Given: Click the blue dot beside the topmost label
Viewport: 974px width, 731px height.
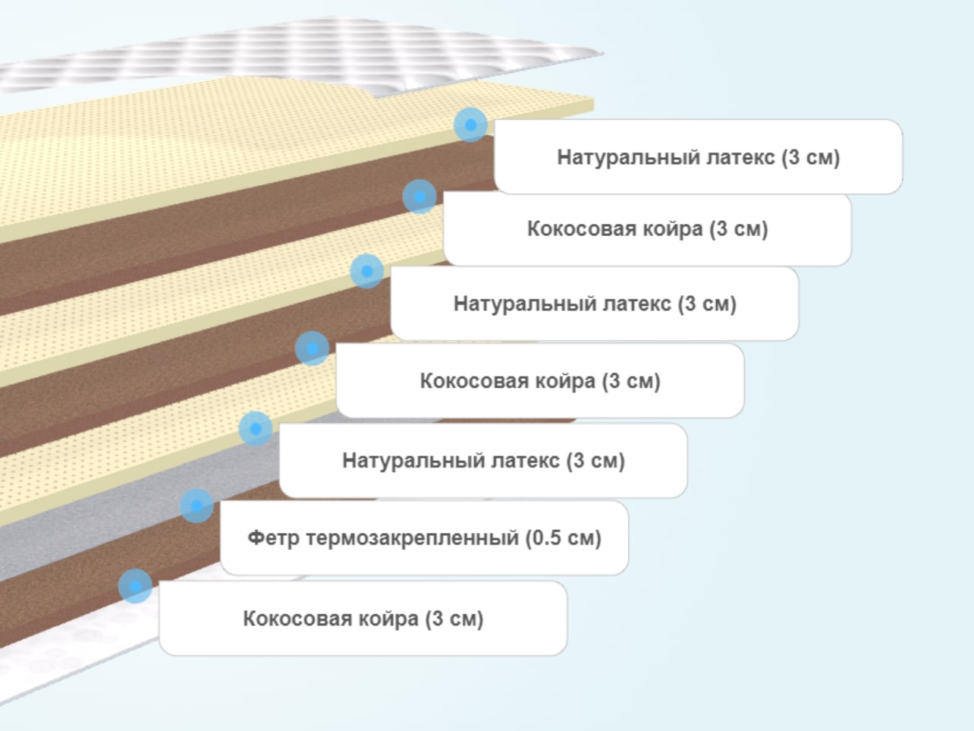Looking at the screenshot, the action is tap(471, 124).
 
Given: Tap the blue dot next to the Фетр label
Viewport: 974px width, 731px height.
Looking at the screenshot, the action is tap(196, 506).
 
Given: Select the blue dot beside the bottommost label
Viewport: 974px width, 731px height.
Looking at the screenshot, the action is tap(135, 586).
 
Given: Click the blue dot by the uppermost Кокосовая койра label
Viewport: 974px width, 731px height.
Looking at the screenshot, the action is tap(419, 197).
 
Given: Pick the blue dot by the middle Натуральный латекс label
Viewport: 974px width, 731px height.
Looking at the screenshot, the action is tap(367, 271).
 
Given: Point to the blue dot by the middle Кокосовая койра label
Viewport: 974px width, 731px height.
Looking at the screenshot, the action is tap(313, 348).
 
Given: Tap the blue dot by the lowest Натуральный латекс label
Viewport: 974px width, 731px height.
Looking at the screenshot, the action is tap(256, 428).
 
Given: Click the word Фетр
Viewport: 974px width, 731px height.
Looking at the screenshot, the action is tap(273, 538).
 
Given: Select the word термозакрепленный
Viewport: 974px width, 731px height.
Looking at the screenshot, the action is tap(413, 538).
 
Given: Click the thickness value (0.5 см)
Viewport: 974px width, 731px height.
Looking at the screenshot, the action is tap(564, 538).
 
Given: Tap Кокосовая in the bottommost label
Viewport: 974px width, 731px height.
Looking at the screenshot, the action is tap(297, 619).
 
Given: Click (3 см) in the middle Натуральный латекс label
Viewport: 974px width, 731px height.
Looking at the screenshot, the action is tap(707, 304).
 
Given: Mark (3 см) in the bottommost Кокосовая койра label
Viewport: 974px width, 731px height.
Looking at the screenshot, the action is tap(454, 619).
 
